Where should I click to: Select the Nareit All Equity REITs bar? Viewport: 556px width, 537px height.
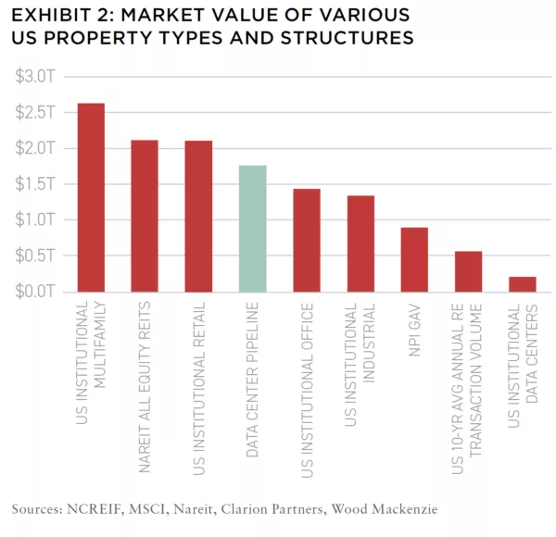pos(145,216)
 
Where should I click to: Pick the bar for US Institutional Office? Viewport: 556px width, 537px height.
pos(306,240)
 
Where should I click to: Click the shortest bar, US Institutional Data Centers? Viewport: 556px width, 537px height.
pos(522,283)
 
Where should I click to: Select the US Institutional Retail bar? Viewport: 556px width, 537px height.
pos(198,216)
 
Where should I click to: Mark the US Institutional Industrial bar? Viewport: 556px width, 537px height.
pos(360,244)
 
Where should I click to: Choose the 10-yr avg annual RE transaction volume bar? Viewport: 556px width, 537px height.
pos(468,271)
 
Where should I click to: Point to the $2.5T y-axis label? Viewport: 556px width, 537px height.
pos(36,112)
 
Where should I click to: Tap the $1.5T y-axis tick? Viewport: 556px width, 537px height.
pos(36,183)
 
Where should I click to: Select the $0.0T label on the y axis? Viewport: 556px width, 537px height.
pos(36,292)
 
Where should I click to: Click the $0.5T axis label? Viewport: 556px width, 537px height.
pos(36,256)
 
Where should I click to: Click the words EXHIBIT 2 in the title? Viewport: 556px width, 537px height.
pos(57,16)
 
